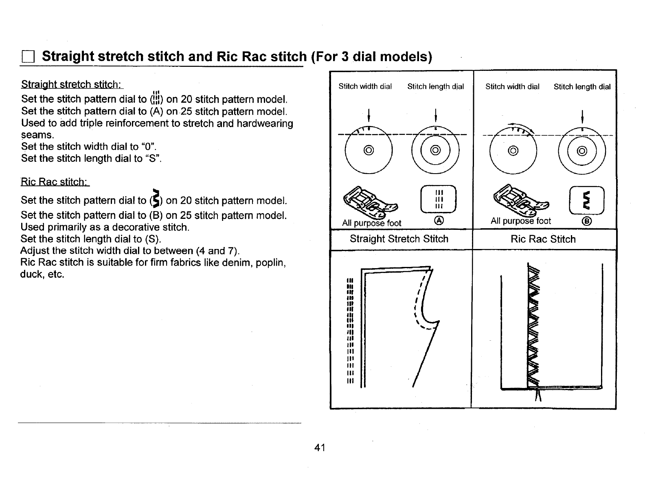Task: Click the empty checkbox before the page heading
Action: pos(28,57)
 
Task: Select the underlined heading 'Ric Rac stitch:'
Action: pos(55,182)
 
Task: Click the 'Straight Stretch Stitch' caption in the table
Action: pos(399,239)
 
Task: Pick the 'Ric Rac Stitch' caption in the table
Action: pos(543,239)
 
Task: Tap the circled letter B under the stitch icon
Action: pos(588,221)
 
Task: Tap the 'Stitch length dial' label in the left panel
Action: pos(435,86)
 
